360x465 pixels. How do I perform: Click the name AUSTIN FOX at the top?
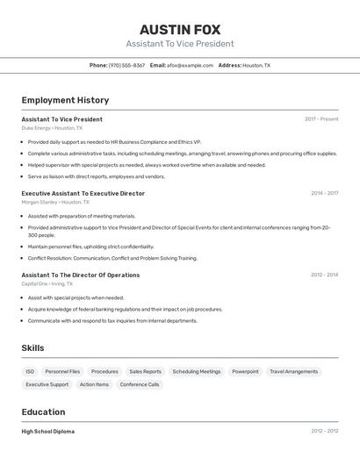[x=180, y=29]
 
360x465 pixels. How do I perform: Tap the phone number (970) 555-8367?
[x=126, y=66]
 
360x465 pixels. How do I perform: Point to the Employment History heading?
[x=65, y=100]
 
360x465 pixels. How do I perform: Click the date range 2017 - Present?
[x=321, y=119]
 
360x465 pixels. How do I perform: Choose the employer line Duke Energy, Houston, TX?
[x=52, y=128]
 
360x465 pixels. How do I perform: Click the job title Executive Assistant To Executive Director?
[x=83, y=193]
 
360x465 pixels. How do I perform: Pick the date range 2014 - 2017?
[x=324, y=193]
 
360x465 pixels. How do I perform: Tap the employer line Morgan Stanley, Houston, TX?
[x=58, y=202]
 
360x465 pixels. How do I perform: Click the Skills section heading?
[x=32, y=348]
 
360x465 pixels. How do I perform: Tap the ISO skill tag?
[x=30, y=371]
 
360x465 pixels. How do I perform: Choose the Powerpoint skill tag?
[x=245, y=371]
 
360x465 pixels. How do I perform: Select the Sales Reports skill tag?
[x=145, y=371]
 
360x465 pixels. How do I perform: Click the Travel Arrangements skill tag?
[x=293, y=371]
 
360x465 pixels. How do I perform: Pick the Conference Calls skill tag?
[x=140, y=384]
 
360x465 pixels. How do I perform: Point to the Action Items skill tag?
[x=94, y=384]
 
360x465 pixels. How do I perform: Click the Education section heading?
[x=43, y=412]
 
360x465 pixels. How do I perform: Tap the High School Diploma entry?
[x=48, y=432]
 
